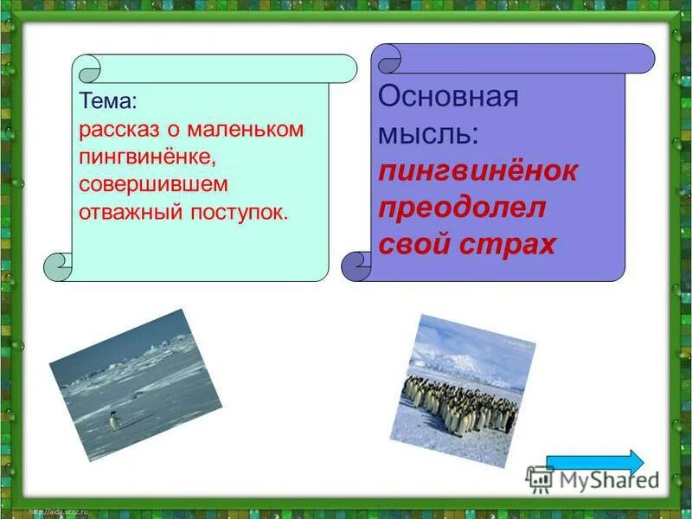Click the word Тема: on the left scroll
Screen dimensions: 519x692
point(108,101)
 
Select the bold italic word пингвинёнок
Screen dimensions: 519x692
point(477,170)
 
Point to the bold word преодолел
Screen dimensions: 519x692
point(462,208)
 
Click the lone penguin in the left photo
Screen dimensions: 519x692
point(113,421)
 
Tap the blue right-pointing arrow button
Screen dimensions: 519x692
point(595,462)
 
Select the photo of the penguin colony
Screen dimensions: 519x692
point(465,389)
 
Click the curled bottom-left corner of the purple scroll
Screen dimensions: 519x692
point(356,266)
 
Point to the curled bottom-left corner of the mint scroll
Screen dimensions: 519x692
point(59,266)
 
